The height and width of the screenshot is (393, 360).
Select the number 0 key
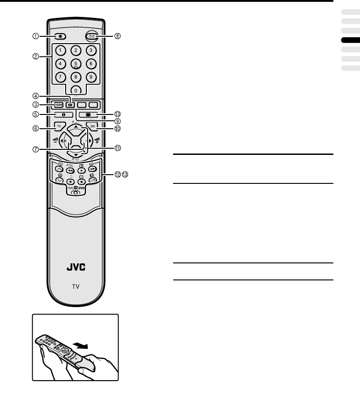pyautogui.click(x=76, y=90)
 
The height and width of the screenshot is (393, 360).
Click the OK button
pyautogui.click(x=93, y=126)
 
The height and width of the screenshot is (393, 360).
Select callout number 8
pyautogui.click(x=117, y=36)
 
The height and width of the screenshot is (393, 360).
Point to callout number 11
pyautogui.click(x=118, y=148)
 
